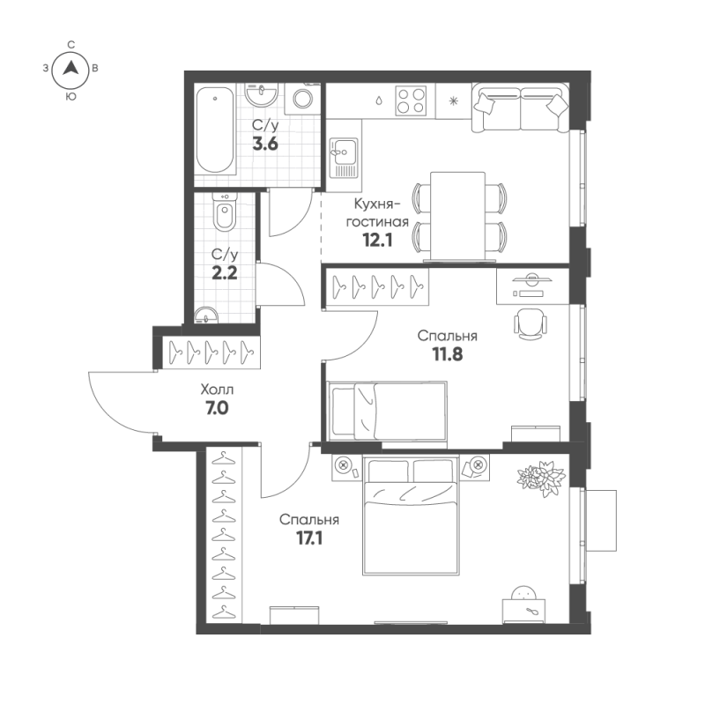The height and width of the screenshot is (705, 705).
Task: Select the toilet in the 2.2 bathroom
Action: click(x=225, y=213)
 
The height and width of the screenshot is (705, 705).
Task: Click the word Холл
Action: click(x=217, y=389)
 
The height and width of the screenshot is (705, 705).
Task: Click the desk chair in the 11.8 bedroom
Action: click(x=529, y=323)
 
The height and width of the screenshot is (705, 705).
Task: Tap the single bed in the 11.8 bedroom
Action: click(x=387, y=410)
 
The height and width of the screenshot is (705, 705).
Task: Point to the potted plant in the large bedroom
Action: click(x=540, y=477)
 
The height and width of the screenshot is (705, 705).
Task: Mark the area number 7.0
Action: click(x=217, y=408)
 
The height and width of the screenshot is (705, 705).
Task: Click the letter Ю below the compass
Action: click(x=70, y=99)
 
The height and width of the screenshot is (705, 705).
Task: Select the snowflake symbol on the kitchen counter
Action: click(x=455, y=100)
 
